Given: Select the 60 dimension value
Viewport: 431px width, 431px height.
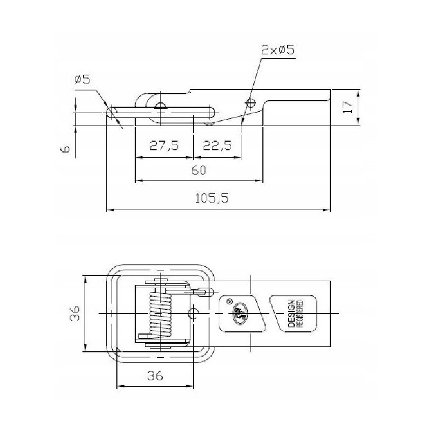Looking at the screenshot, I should coord(199,170).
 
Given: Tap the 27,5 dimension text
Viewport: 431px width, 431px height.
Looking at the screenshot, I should coord(164,146).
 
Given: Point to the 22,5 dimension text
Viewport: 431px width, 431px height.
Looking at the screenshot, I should coord(218,146).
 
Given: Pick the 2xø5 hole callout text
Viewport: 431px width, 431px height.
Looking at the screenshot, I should coord(277,51).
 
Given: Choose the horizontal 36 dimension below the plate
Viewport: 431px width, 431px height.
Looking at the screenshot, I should coord(155,376).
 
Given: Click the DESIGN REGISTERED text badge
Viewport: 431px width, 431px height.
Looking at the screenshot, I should coord(295,314).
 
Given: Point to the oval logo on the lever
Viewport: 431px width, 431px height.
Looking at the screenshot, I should coord(238,314).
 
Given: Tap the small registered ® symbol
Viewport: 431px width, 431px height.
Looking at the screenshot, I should coord(230,302).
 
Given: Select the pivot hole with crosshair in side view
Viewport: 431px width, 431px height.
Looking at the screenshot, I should coord(159,106).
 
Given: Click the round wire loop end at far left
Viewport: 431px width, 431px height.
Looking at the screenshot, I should coord(112,113).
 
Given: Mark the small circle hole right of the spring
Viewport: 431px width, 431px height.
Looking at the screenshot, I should coord(193,314).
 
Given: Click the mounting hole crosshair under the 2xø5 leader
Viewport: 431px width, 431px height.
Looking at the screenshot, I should coord(249,102).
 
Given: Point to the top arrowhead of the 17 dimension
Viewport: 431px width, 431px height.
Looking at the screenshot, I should coord(358,90).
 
